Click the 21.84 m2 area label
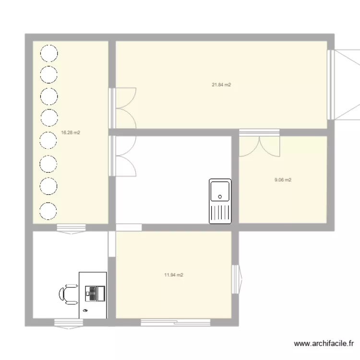click(221, 85)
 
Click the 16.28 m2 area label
click(71, 133)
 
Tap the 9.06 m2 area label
click(283, 180)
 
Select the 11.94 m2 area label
click(173, 275)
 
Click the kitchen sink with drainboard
click(220, 201)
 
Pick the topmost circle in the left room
click(48, 53)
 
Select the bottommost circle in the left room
click(48, 210)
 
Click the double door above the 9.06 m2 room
click(259, 144)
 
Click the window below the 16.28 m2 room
click(72, 228)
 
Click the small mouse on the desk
click(86, 311)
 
